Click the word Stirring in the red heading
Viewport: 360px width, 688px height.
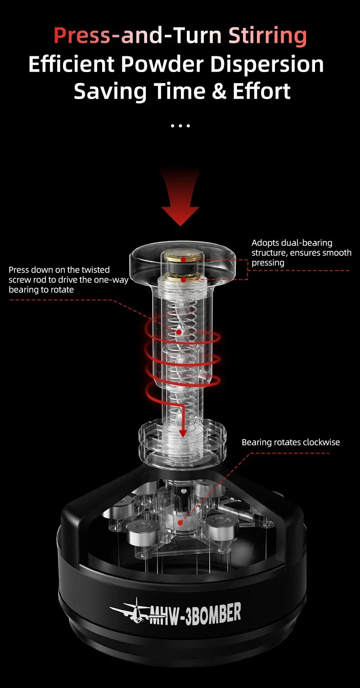pos(267,36)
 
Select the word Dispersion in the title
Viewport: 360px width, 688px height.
pos(267,64)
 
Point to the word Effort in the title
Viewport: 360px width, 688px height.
pos(261,91)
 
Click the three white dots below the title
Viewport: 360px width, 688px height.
pos(180,126)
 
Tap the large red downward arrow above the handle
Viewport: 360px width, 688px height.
pos(180,198)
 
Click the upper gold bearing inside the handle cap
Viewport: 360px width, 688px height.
pos(183,259)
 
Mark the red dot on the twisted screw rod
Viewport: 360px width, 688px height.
pos(179,332)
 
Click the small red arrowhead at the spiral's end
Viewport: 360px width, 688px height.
pos(183,433)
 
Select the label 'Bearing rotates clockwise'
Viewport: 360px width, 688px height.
pos(291,442)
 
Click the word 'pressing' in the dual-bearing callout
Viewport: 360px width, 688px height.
pos(268,263)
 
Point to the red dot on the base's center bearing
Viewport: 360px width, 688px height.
pos(180,523)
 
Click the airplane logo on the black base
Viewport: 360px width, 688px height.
pos(130,611)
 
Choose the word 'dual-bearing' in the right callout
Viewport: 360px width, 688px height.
pos(306,243)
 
